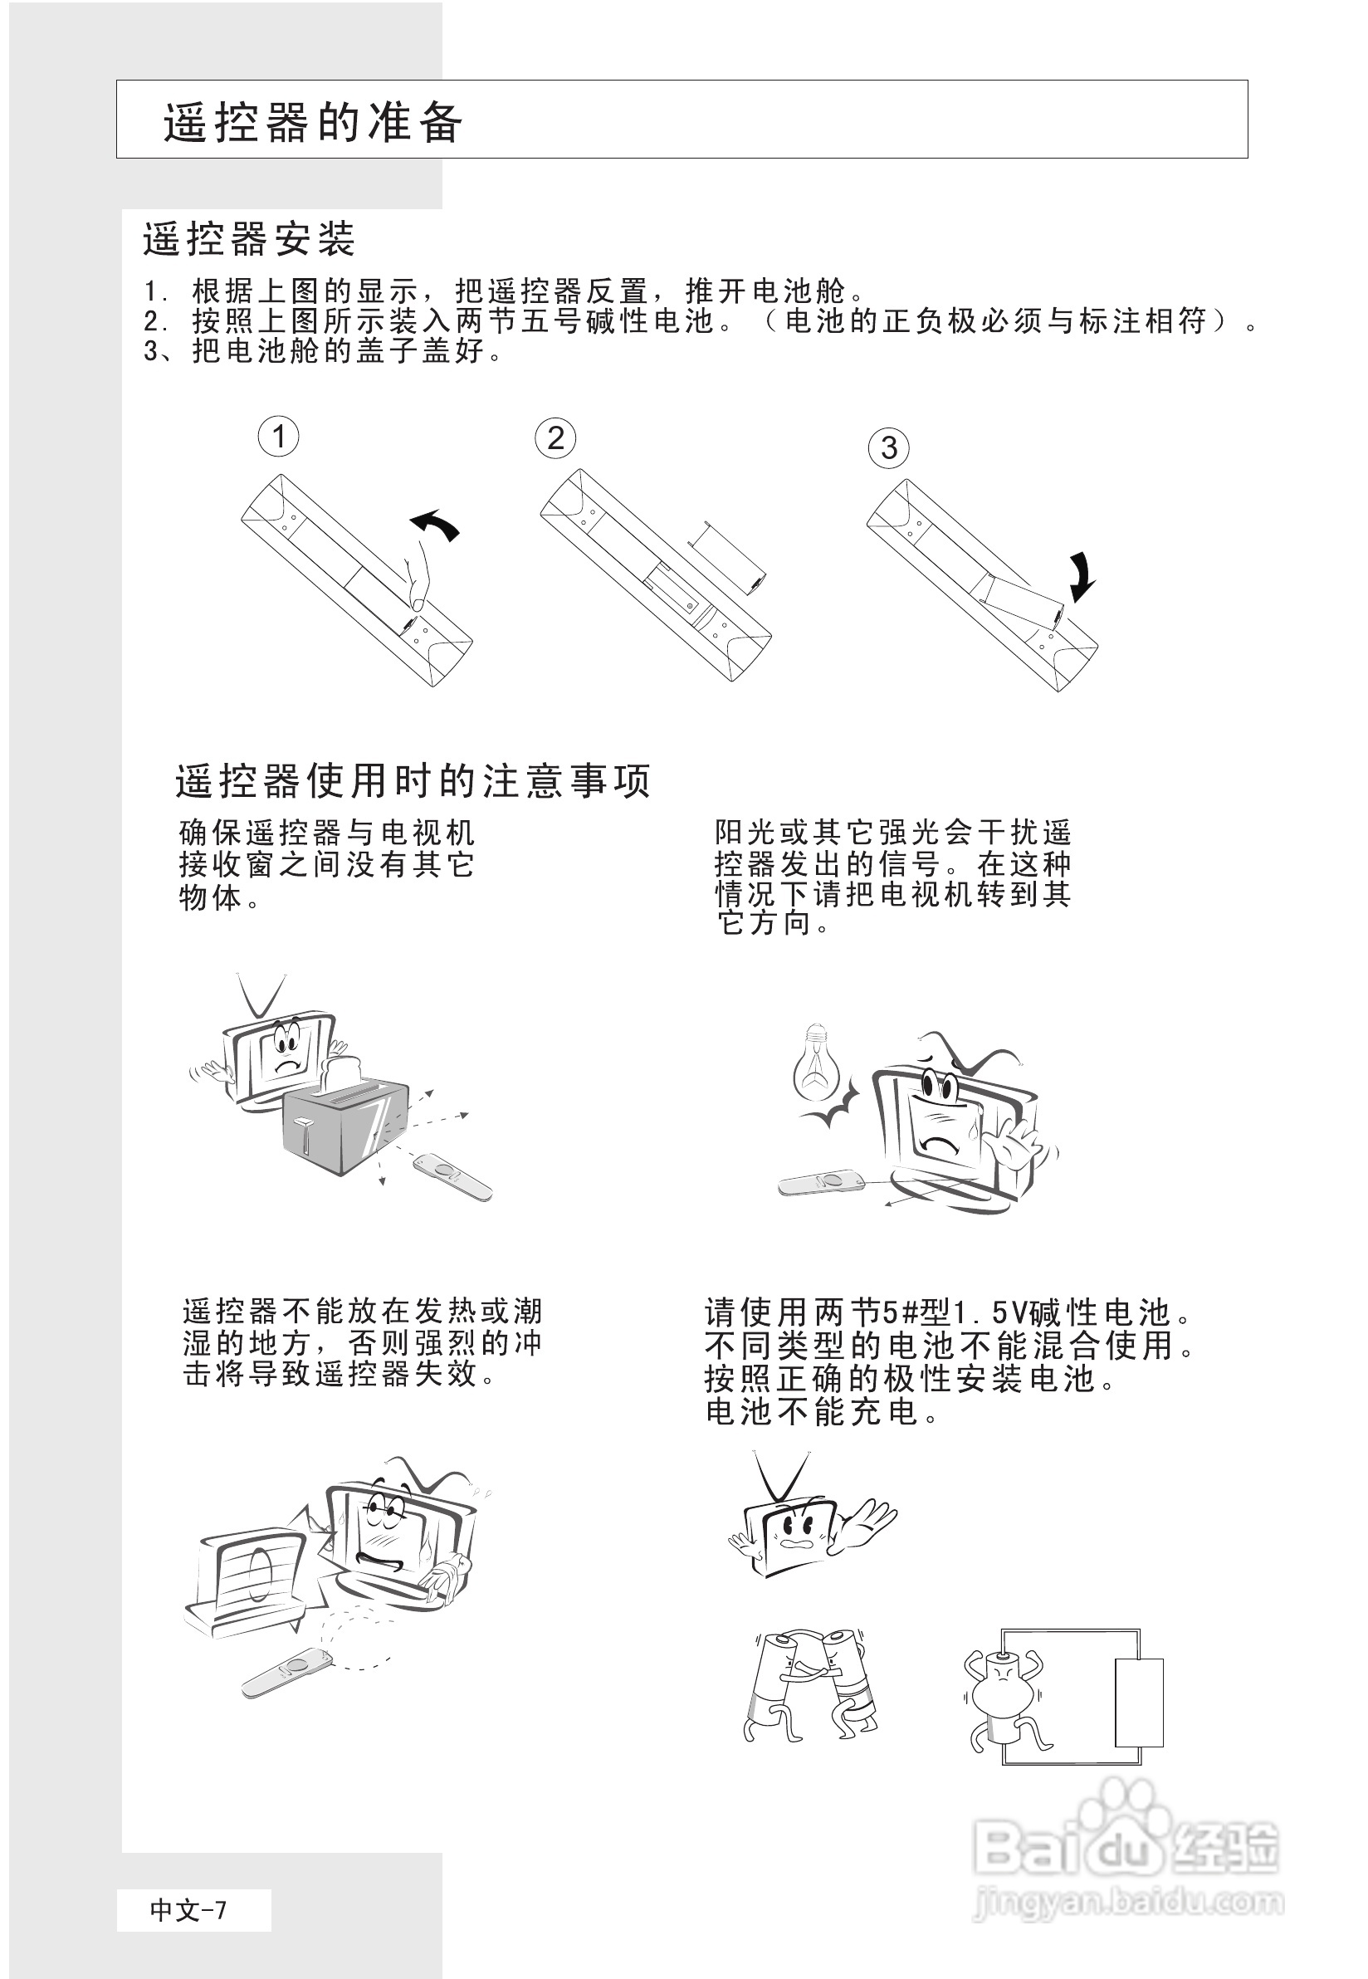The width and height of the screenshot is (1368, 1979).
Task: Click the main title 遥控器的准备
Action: point(314,122)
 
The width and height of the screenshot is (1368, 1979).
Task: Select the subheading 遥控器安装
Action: point(248,239)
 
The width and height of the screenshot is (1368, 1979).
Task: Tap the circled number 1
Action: point(279,437)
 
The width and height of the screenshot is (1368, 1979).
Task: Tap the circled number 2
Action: point(555,438)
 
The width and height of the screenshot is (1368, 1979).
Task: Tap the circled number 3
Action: point(889,447)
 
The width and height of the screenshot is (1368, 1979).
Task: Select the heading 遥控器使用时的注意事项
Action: point(413,781)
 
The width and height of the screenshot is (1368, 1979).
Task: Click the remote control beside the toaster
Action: point(452,1178)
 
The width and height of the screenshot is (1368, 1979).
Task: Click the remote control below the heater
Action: point(286,1673)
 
